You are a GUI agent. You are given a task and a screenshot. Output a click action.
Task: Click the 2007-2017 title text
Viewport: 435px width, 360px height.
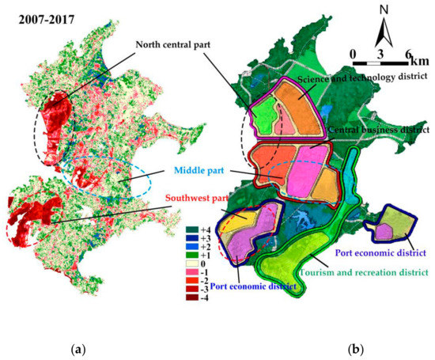point(44,13)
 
